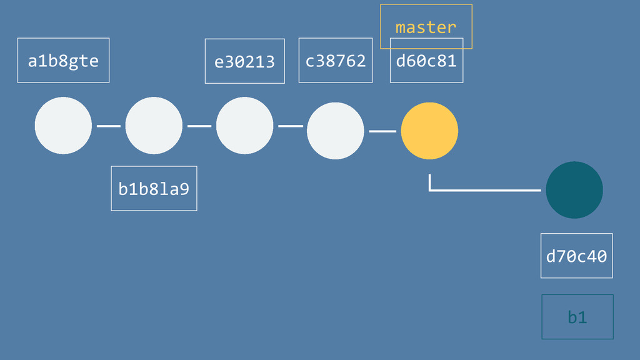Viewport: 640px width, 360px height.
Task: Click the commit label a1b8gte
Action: pyautogui.click(x=63, y=61)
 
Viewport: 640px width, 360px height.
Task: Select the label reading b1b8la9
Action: pyautogui.click(x=154, y=188)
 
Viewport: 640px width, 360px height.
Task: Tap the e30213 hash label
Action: pyautogui.click(x=244, y=61)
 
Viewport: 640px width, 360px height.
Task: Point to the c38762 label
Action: pyautogui.click(x=335, y=61)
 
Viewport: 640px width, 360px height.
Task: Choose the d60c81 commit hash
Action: pyautogui.click(x=426, y=61)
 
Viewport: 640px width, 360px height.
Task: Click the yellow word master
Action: pyautogui.click(x=426, y=27)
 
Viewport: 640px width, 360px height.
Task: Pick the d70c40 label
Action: pyautogui.click(x=576, y=256)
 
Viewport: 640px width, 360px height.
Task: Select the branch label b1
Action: pyautogui.click(x=577, y=317)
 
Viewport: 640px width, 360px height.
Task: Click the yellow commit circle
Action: pyautogui.click(x=429, y=131)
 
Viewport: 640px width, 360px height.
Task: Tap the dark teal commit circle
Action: pyautogui.click(x=574, y=190)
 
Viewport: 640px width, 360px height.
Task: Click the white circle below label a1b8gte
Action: pyautogui.click(x=63, y=126)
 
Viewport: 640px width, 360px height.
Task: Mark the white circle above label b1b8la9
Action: pyautogui.click(x=154, y=126)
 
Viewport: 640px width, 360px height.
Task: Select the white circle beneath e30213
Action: pyautogui.click(x=244, y=126)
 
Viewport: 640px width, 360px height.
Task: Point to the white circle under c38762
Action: pyautogui.click(x=335, y=131)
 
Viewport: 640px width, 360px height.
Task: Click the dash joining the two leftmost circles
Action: pyautogui.click(x=109, y=126)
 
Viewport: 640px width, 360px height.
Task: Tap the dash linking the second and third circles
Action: pyautogui.click(x=199, y=126)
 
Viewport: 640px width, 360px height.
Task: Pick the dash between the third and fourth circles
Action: pyautogui.click(x=290, y=126)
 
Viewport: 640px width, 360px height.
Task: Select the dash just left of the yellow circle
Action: pyautogui.click(x=382, y=131)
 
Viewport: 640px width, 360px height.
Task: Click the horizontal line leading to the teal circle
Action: pyautogui.click(x=487, y=190)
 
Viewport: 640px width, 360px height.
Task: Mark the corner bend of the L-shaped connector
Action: pyautogui.click(x=430, y=189)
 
